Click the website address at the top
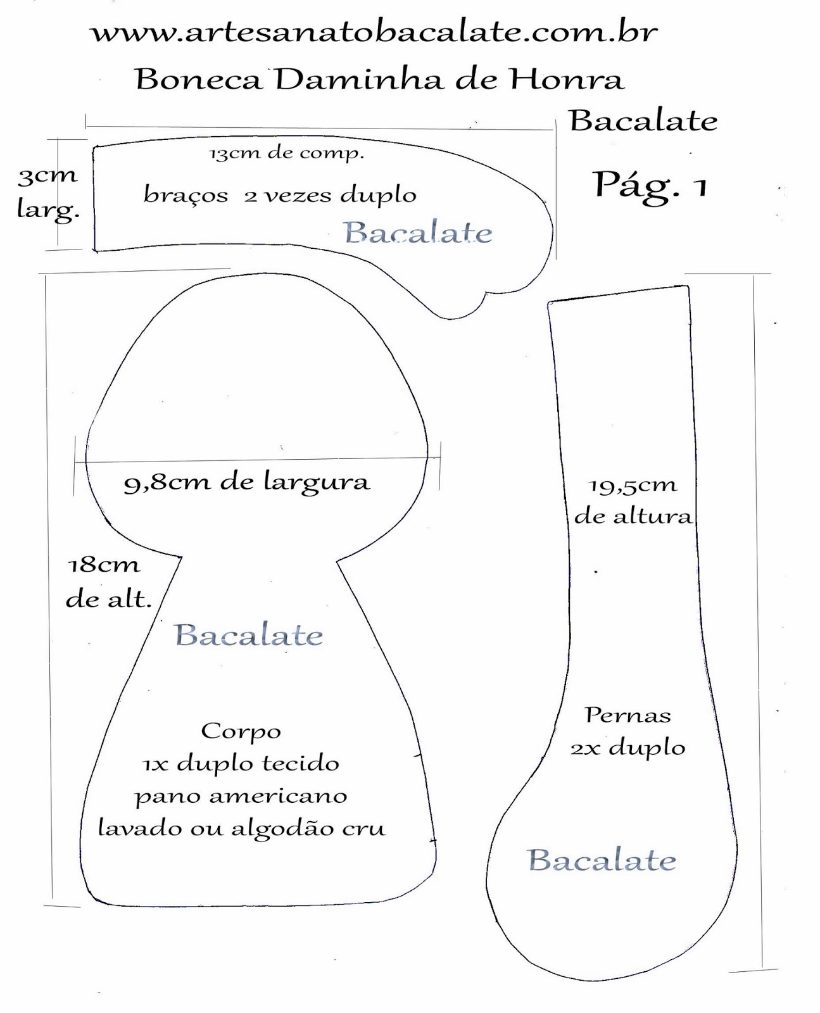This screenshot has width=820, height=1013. coord(375,33)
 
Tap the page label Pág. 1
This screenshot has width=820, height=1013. coord(650,186)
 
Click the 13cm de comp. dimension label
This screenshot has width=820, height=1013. coord(287,153)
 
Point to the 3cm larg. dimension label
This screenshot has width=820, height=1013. coord(48,192)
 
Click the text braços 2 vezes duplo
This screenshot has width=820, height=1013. coord(280,195)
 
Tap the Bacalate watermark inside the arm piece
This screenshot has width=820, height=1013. coord(418,233)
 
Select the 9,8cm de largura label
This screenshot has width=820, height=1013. coord(246,482)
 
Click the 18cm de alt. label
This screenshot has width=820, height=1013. coord(108,581)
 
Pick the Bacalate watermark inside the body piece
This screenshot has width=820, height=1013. coord(249,635)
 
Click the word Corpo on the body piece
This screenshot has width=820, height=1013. coord(241,731)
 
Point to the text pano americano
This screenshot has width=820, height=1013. coord(241,796)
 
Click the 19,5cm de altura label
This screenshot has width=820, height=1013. coord(633,500)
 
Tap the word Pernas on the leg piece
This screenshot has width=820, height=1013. coord(628,715)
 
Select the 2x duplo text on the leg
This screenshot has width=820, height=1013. coord(628,748)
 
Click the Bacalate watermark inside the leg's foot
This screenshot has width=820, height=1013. coord(602,860)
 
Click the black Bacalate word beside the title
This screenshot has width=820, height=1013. coord(643,120)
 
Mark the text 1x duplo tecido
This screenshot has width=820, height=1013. coord(241,764)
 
